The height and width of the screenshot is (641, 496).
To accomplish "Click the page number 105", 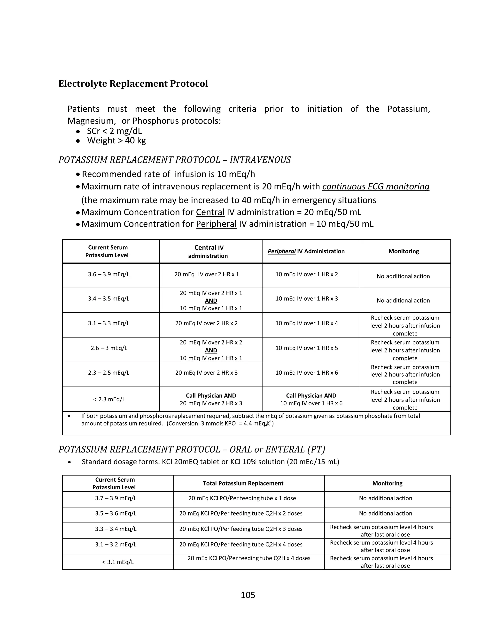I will [x=248, y=595].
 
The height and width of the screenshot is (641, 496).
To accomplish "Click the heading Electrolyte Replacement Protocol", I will [x=133, y=84].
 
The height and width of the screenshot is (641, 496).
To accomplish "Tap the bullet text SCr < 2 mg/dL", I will [x=114, y=131].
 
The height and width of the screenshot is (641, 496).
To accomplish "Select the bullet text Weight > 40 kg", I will [x=116, y=140].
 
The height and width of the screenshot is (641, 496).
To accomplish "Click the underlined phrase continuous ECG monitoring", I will [x=376, y=187].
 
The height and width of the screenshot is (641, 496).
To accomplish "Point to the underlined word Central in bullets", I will [x=210, y=212].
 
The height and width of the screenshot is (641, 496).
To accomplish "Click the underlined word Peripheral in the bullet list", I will [x=216, y=224].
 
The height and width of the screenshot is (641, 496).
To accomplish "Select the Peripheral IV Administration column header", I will [x=306, y=251].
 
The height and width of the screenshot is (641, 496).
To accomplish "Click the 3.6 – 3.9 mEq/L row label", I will [x=109, y=275].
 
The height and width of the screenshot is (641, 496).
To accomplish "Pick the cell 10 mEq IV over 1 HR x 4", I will [x=306, y=323].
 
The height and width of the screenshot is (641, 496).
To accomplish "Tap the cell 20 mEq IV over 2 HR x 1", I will [x=207, y=275].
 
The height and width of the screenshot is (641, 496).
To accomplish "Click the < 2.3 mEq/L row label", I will [x=109, y=399].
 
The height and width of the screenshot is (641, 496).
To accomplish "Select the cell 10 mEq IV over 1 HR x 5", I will [x=306, y=348].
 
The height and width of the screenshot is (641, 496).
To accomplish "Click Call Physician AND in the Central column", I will [x=211, y=396].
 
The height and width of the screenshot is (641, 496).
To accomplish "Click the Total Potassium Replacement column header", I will [x=243, y=483].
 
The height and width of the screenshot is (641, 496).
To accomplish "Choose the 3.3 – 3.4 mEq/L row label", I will [x=116, y=529].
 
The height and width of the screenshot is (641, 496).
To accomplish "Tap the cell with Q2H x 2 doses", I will [x=241, y=513].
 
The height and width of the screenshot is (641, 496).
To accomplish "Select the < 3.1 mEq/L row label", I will [x=118, y=562].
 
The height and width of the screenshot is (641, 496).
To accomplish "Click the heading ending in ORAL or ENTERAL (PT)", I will [x=192, y=449].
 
